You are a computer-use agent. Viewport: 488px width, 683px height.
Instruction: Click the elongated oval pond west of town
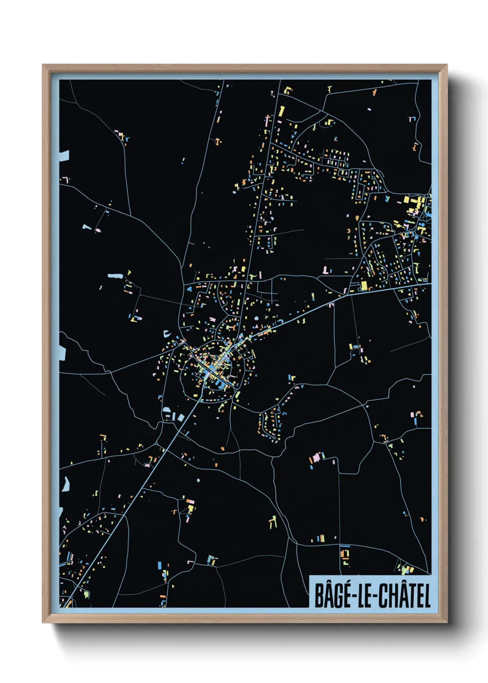tap(115, 276)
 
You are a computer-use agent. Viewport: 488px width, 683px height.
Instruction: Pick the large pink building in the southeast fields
tap(316, 459)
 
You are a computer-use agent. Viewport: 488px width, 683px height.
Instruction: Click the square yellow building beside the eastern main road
tap(363, 286)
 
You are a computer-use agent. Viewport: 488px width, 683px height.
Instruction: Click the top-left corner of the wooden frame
tap(43, 66)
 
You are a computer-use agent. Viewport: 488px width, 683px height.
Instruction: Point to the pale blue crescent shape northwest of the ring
tap(166, 332)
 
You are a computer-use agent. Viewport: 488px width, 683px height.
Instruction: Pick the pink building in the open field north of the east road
tap(327, 270)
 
